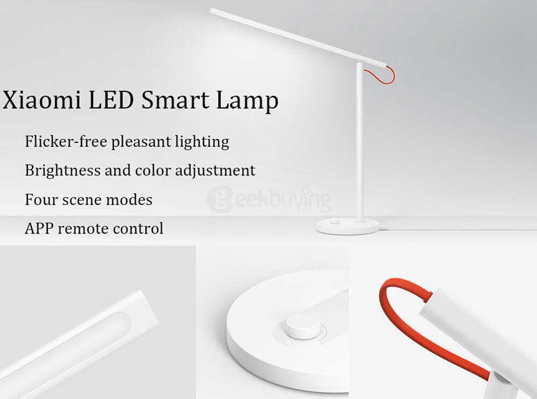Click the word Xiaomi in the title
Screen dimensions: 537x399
pos(42,100)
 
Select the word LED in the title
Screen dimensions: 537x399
pos(111,100)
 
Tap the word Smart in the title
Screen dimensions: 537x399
pos(175,100)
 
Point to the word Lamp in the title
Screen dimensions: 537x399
pos(247,101)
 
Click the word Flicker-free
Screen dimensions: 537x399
pos(66,141)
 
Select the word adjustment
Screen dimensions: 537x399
pos(215,171)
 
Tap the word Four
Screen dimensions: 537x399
pos(41,199)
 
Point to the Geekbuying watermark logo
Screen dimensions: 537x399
pos(269,200)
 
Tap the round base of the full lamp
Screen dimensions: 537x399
pos(347,227)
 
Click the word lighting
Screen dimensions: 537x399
pos(202,142)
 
